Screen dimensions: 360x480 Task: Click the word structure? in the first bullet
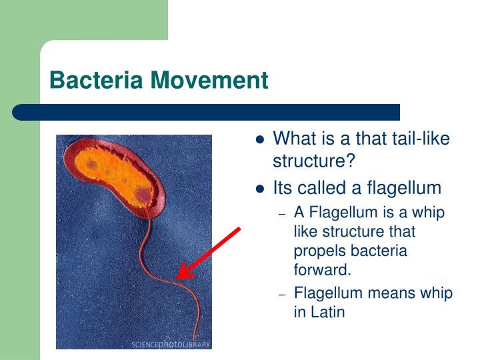point(314,161)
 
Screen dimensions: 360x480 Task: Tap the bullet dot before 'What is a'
point(261,140)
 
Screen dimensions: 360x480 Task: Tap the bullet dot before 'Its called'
point(261,189)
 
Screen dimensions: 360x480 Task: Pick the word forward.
point(322,270)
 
